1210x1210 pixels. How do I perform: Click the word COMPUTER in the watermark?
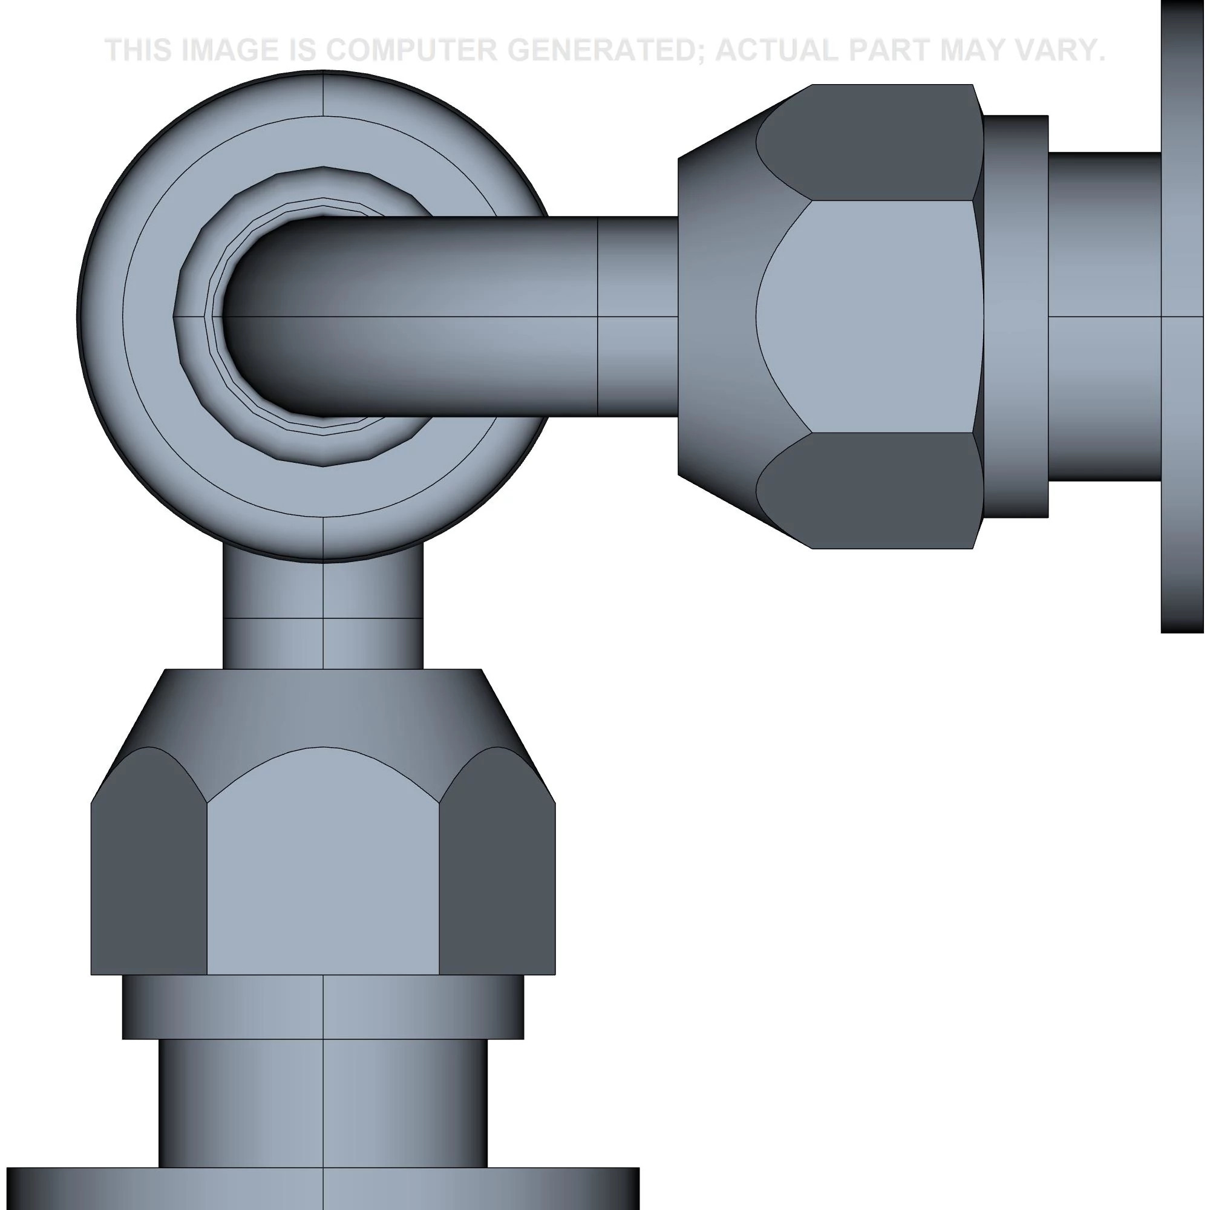click(x=409, y=50)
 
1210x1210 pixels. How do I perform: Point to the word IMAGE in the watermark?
click(x=229, y=50)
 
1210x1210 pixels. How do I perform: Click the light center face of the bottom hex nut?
click(x=322, y=871)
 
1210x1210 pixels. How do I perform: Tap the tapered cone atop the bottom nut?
click(x=322, y=708)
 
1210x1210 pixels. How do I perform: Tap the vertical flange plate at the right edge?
click(x=1184, y=316)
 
